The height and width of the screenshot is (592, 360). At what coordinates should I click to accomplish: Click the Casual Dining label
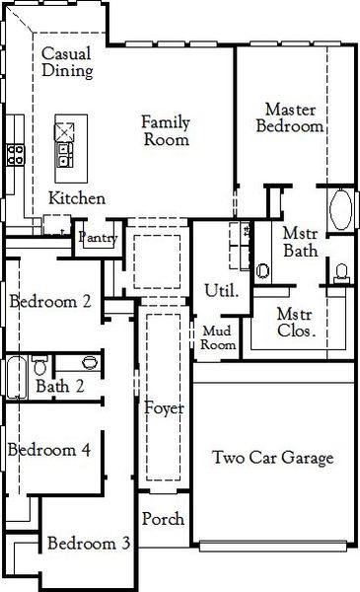pyautogui.click(x=68, y=62)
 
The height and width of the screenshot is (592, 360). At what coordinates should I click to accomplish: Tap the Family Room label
pyautogui.click(x=165, y=130)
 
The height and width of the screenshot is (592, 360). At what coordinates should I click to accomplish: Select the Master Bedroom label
pyautogui.click(x=290, y=116)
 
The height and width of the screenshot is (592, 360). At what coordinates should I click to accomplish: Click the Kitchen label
pyautogui.click(x=77, y=198)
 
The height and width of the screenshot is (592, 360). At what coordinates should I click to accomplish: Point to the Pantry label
pyautogui.click(x=99, y=238)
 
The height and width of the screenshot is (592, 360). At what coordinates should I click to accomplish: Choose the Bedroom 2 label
pyautogui.click(x=50, y=302)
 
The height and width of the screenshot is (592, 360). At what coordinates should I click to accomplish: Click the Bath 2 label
pyautogui.click(x=60, y=386)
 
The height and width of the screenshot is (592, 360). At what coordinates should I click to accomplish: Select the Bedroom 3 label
pyautogui.click(x=89, y=544)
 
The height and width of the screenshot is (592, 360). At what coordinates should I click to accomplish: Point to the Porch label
pyautogui.click(x=163, y=519)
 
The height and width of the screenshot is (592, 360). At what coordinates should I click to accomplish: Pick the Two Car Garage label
pyautogui.click(x=273, y=458)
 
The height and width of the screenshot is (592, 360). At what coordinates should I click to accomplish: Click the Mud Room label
pyautogui.click(x=218, y=338)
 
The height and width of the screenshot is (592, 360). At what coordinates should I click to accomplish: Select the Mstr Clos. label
pyautogui.click(x=296, y=323)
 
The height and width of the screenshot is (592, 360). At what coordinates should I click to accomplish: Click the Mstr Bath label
pyautogui.click(x=300, y=243)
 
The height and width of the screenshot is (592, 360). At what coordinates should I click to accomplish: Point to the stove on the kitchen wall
pyautogui.click(x=17, y=153)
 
